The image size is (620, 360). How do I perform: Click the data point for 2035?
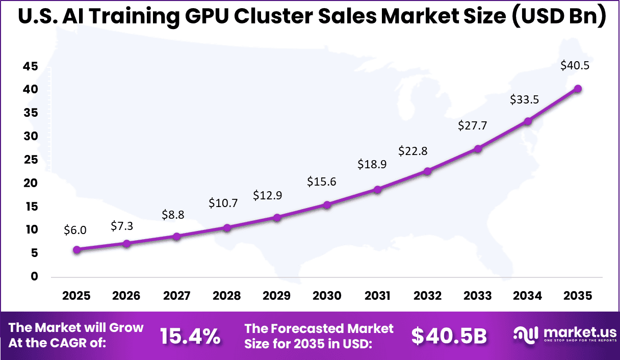[x=578, y=89]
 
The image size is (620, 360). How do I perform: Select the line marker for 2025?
[x=76, y=250]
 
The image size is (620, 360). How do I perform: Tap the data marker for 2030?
[x=327, y=205]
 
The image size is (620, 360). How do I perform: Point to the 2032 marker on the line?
[x=427, y=171]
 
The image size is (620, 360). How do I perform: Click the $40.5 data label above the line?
[x=575, y=65]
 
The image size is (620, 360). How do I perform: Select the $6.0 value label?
[x=75, y=230]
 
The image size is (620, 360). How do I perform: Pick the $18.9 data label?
[x=372, y=164]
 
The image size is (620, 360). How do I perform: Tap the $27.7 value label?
[x=472, y=125]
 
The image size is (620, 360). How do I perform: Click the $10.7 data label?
[x=223, y=203]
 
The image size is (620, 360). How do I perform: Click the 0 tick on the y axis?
[x=34, y=277]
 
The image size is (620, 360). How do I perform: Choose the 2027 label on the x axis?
[x=176, y=296]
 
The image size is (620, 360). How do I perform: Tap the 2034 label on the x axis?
[x=528, y=296]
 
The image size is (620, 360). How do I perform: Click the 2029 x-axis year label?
[x=277, y=296]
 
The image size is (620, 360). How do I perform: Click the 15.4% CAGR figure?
[x=190, y=336]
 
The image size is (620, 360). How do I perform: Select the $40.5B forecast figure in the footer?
[x=449, y=336]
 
